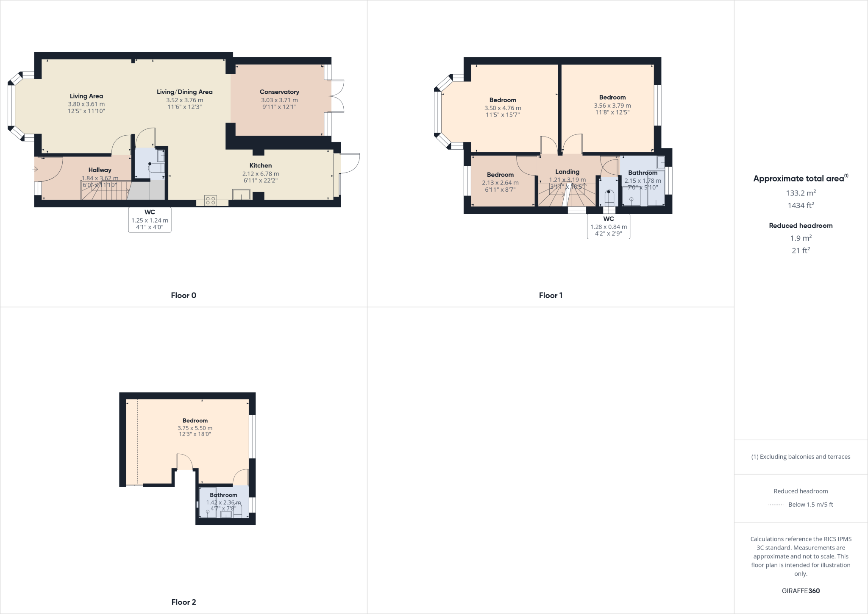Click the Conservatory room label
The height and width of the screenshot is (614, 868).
pos(279,92)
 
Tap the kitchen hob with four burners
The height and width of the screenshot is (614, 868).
pos(211,201)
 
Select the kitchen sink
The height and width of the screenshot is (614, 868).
pos(241,195)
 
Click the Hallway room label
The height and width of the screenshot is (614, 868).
pos(100,170)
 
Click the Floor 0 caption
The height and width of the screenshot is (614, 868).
pos(184,296)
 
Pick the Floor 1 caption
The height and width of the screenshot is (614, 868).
pos(551,296)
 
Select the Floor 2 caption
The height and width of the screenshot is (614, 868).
pos(184,602)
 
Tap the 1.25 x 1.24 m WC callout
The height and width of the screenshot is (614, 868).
pos(150,220)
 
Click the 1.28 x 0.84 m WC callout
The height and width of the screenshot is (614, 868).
pos(608,226)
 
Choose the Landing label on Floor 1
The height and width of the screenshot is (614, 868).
pos(567,172)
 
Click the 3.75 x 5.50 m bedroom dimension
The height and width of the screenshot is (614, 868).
pos(195,428)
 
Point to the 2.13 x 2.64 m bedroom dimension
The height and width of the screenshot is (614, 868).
pos(500,183)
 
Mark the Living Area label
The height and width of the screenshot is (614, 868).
pos(86,96)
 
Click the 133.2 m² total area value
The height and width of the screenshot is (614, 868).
pos(801,193)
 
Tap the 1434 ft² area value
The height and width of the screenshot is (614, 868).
pos(801,206)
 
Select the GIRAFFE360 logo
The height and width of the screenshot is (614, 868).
pos(801,591)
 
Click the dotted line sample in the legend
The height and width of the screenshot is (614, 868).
pos(775,505)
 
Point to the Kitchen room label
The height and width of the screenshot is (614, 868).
pos(261,166)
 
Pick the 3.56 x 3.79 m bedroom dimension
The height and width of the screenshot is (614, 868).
pos(612,106)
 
